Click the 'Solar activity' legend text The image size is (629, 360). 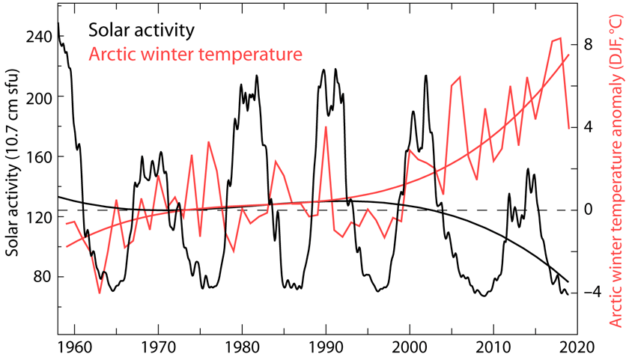point(142,31)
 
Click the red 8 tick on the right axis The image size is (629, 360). point(589,44)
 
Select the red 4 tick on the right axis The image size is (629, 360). point(589,126)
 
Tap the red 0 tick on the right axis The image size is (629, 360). point(589,209)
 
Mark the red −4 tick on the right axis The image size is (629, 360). point(586,291)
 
